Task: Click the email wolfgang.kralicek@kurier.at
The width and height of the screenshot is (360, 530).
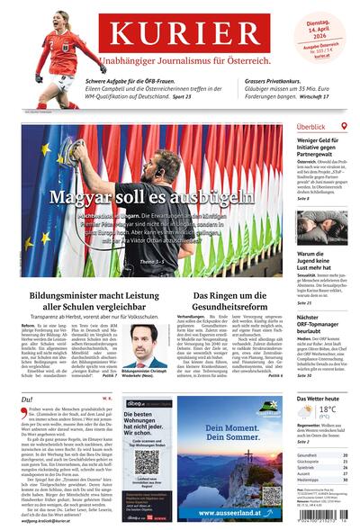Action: click(58, 520)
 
